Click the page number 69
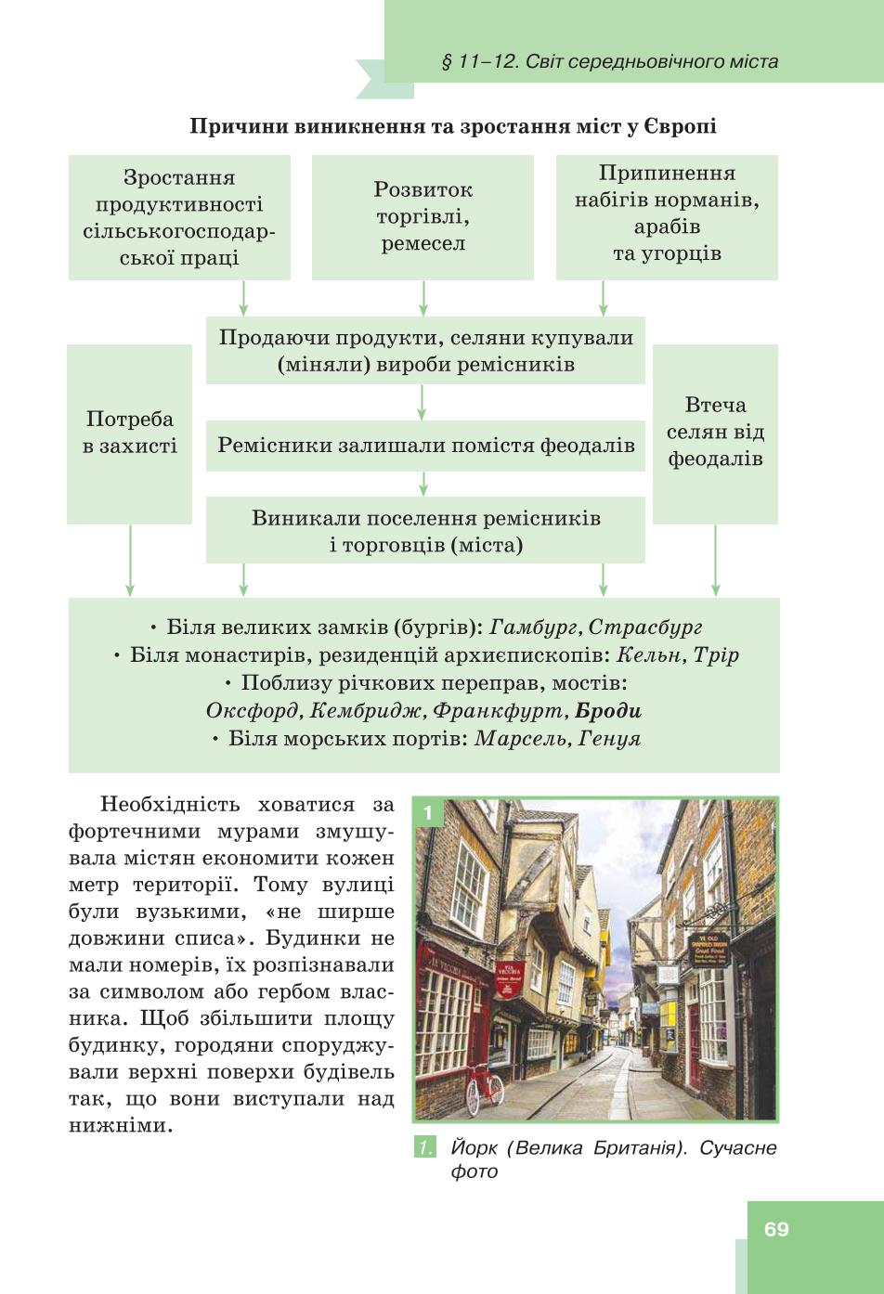(776, 1229)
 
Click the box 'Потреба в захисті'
(129, 434)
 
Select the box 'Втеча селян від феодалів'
(715, 434)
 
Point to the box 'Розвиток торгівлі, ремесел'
(422, 217)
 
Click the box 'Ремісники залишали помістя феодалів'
(426, 446)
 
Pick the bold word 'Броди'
(608, 710)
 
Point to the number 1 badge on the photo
(428, 813)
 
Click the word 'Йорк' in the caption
(474, 1148)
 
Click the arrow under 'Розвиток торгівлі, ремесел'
(422, 298)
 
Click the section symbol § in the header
(446, 62)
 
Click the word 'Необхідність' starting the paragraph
(171, 804)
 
